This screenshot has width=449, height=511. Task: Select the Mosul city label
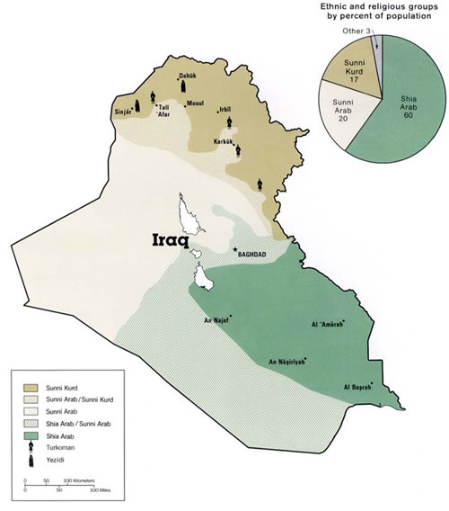pos(195,103)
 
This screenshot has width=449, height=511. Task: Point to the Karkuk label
pos(224,142)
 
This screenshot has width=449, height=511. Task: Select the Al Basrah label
pos(358,387)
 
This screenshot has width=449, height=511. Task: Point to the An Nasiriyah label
pos(289,363)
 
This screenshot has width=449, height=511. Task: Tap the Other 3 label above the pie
pos(356,32)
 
